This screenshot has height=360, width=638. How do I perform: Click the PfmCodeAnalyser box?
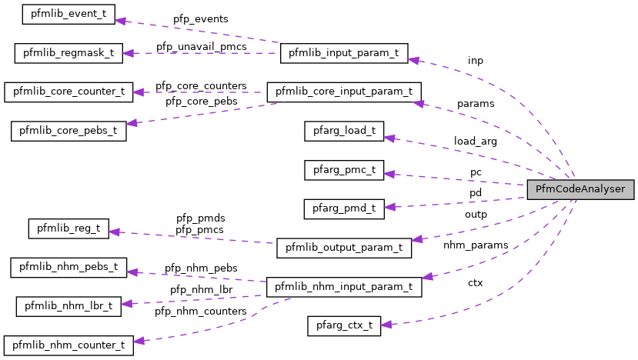tap(580, 188)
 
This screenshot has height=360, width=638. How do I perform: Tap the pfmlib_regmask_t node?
tap(68, 54)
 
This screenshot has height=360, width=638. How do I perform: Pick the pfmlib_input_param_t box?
tap(343, 54)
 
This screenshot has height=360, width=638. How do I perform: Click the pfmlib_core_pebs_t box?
tap(68, 130)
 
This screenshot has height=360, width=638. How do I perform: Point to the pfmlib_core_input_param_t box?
tap(343, 92)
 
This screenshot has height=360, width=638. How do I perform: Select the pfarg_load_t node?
tap(343, 130)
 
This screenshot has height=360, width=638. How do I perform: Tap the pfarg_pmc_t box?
tap(343, 168)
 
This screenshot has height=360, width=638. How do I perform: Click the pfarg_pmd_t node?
tap(343, 208)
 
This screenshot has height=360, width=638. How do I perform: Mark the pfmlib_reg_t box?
tap(68, 228)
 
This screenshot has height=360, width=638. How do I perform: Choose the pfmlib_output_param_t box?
tap(343, 248)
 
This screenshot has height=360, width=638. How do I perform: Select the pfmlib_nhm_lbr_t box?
tap(68, 305)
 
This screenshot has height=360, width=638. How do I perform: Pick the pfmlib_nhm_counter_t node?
tap(68, 344)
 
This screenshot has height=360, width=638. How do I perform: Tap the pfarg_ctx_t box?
tap(343, 325)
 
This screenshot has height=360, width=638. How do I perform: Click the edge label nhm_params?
tap(476, 245)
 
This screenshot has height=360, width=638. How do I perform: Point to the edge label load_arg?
tap(475, 142)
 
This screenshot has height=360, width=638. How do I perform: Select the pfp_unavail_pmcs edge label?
tap(201, 46)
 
